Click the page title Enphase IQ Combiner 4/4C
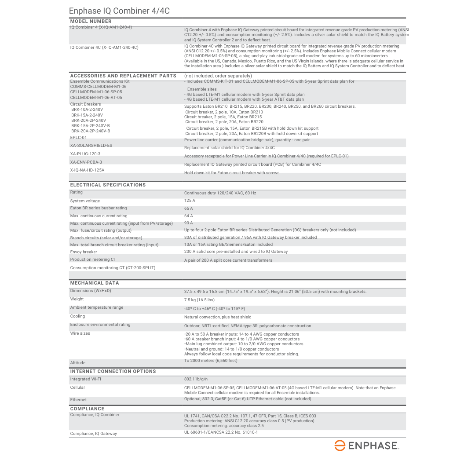pos(119,11)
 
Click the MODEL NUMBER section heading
pos(91,21)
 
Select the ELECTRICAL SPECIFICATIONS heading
pos(108,185)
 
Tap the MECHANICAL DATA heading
pos(95,283)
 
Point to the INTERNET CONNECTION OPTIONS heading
pos(113,371)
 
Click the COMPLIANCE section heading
pos(88,409)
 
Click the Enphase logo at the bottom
pos(366,446)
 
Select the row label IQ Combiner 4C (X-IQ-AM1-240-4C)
pos(104,47)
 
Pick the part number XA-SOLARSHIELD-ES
pos(91,145)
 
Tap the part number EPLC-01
pos(79,138)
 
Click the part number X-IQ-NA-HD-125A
pos(87,170)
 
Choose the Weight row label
pos(77,299)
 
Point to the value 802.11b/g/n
pos(196,379)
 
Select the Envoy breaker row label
pos(84,252)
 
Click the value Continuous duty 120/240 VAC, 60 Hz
pos(220,193)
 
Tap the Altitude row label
pos(78,363)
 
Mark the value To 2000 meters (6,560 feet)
pos(211,361)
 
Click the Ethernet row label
pos(78,400)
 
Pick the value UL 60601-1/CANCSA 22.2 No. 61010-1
pos(221,432)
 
